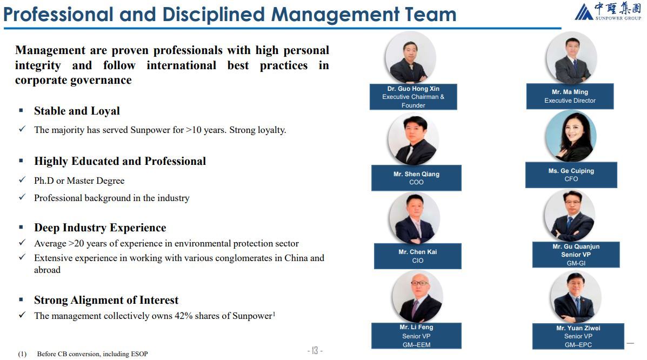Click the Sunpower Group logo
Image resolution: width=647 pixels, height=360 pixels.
608,11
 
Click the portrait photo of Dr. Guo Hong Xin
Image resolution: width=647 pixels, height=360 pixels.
411,58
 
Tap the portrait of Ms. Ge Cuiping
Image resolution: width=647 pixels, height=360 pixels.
571,136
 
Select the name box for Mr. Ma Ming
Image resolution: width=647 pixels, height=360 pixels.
570,96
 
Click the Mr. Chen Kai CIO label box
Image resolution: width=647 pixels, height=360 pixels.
418,256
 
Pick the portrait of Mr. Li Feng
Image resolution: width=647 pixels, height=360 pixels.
418,296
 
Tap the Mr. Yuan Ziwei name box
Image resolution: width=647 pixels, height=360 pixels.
578,336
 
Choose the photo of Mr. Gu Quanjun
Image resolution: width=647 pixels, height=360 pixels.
570,216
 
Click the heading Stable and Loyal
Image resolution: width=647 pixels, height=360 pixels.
77,111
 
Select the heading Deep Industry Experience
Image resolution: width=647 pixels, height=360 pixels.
100,228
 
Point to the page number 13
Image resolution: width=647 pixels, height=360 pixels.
315,350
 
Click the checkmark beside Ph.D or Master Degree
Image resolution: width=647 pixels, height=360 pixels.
22,179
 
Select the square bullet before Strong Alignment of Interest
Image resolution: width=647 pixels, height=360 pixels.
21,299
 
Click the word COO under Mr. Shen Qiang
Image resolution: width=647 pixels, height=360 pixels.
416,182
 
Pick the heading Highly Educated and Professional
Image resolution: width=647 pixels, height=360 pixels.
120,161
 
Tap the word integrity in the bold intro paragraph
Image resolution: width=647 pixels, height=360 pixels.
38,65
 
